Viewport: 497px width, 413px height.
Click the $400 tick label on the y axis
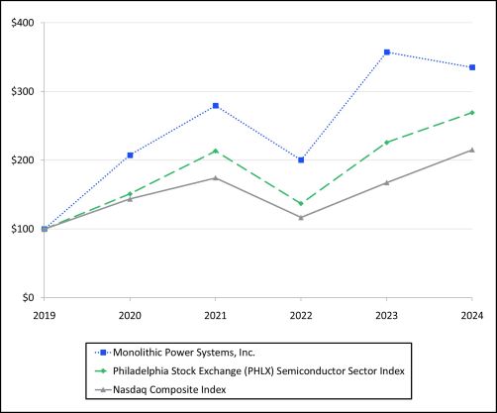coord(21,22)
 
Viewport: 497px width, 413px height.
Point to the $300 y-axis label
coord(21,91)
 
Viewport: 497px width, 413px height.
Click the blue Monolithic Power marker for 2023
coord(386,52)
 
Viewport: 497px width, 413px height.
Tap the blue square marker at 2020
coord(130,155)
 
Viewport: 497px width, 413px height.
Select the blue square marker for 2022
coord(301,159)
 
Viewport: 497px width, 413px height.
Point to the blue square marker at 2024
coord(472,67)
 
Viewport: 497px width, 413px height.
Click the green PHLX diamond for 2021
coord(215,152)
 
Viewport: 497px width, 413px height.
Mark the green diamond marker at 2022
coord(301,203)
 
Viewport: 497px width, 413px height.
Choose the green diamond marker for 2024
coord(472,112)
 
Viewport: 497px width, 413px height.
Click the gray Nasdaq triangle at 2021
coord(215,177)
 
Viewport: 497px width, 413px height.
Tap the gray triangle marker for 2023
coord(386,182)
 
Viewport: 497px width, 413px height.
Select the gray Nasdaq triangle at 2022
coord(301,217)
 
